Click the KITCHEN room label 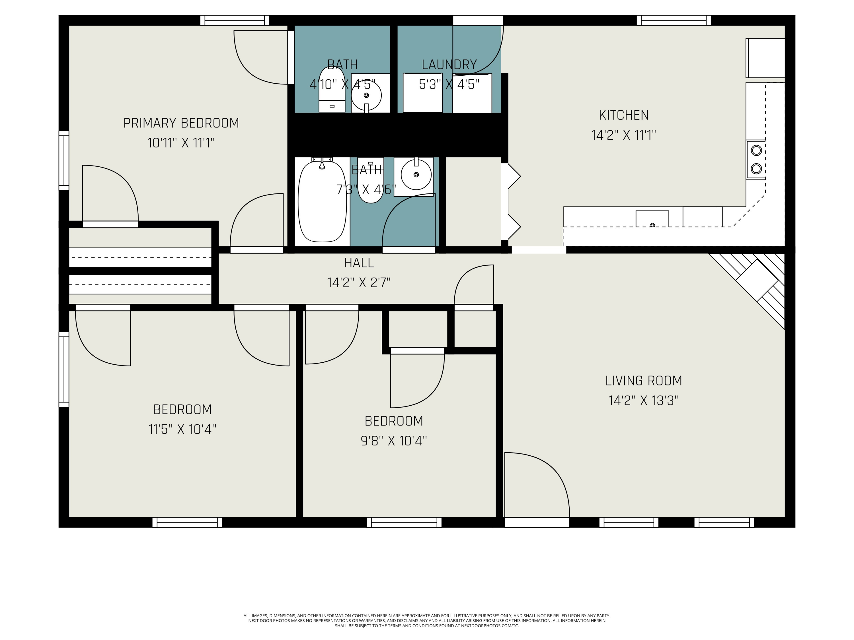coord(623,115)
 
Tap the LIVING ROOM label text coord(643,381)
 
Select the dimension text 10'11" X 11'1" coord(181,143)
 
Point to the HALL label coord(359,263)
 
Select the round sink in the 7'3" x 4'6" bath coord(416,175)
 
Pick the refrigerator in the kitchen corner coord(765,58)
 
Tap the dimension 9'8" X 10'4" coord(393,441)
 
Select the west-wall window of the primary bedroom coord(64,160)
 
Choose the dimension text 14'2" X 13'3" coord(643,401)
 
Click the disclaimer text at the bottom coord(427,621)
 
